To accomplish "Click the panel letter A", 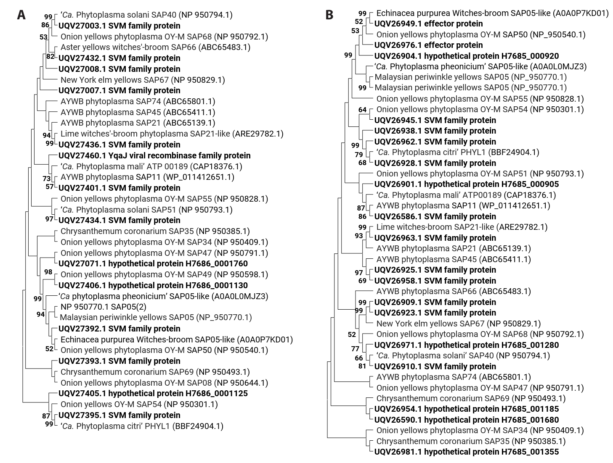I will coord(21,15).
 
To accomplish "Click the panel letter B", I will coord(329,15).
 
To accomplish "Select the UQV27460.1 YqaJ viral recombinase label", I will coord(154,155).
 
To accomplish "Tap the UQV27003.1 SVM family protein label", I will coord(119,26).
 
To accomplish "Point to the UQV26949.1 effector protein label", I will coord(428,24).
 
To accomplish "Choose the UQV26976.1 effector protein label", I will coord(428,45).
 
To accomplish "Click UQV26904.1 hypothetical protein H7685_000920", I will coord(466,56).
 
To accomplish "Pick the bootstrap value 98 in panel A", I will coord(48,272).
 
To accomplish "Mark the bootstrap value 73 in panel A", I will coord(46,179).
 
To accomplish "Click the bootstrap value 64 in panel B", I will coord(363,110).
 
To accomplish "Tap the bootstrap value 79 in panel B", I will coord(359,155).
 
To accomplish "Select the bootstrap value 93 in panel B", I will coord(359,236).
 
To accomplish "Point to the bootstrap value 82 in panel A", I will coord(50,57).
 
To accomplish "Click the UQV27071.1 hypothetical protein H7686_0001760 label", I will coord(153,264).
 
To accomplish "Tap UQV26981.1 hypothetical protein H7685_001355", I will coord(466,452).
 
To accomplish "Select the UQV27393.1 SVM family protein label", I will coord(119,361).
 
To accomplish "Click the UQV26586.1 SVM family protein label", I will coord(435,216).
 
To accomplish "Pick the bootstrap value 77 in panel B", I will coord(356,348).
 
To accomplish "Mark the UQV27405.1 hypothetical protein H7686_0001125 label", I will coord(153,394).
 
